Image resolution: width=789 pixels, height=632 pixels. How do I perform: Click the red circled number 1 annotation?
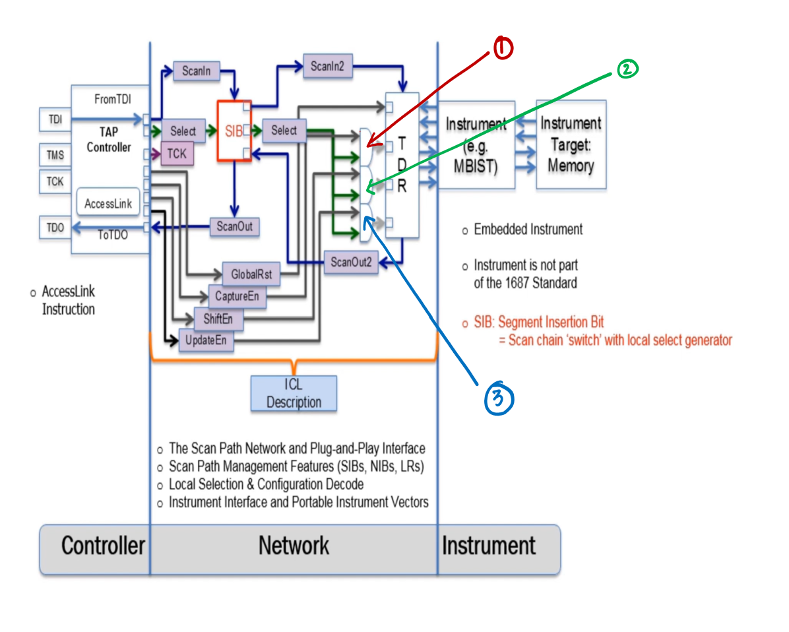502,47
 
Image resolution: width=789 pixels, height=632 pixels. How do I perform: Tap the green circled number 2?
627,69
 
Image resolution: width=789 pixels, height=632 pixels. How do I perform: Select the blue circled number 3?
499,398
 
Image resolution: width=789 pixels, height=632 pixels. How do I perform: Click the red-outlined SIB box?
234,131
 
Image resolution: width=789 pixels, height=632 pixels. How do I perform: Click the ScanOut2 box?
351,262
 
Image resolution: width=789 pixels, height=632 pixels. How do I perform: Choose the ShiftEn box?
218,319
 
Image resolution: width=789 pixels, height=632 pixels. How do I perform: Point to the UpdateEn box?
206,341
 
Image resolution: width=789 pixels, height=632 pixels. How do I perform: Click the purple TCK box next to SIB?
177,154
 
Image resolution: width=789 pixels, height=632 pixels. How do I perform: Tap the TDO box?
55,228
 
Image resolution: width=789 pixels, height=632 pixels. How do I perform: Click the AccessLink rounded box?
109,204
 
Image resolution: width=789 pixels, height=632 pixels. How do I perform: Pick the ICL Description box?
294,394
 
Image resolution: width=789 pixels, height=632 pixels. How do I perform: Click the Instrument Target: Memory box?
571,144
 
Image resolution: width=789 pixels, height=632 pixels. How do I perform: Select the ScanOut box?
234,227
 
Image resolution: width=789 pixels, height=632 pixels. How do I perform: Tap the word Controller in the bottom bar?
103,546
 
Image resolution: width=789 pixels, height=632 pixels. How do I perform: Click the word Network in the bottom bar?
294,546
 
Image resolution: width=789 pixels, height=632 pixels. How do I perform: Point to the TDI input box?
55,119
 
